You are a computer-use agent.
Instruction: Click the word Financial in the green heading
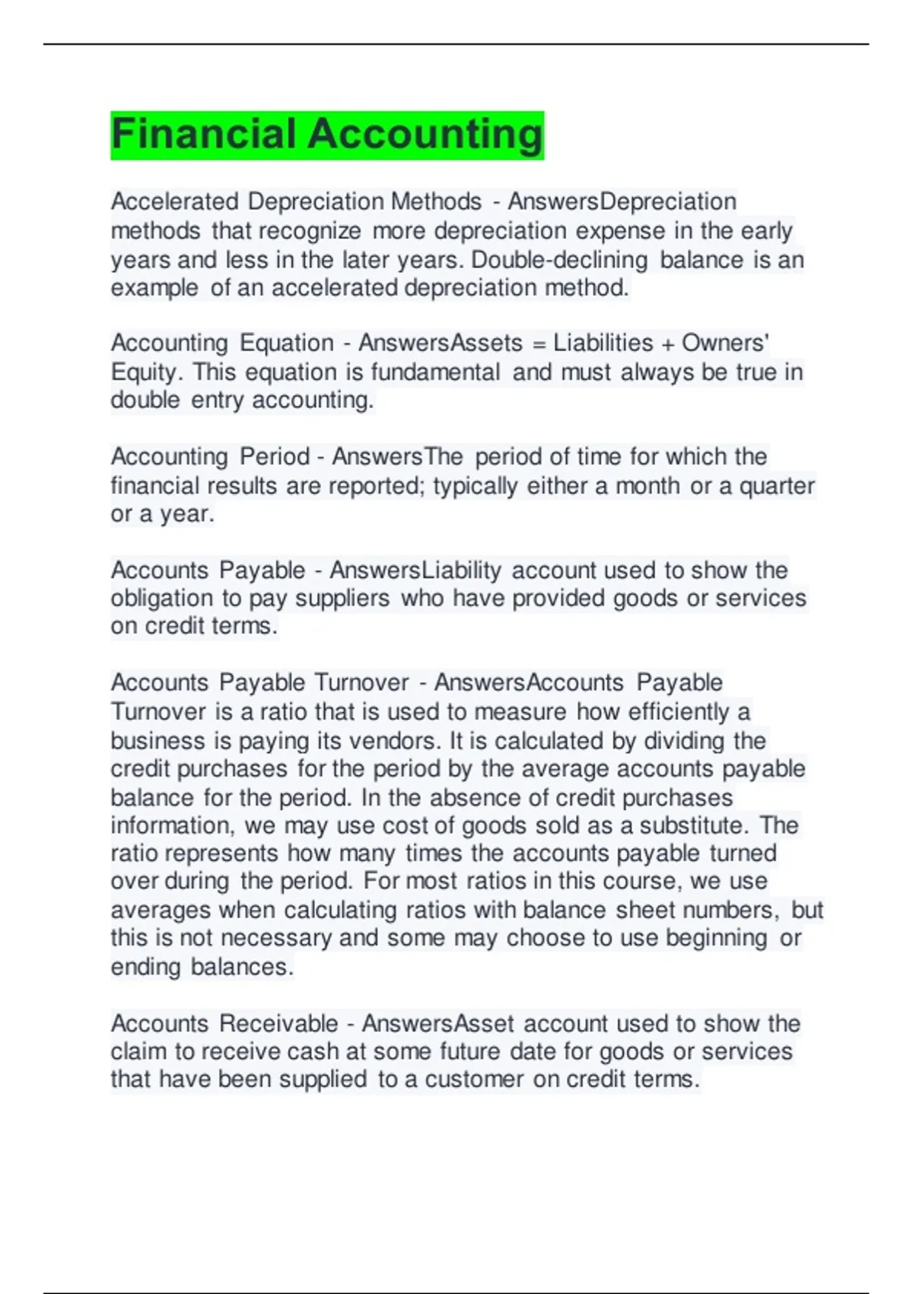[204, 135]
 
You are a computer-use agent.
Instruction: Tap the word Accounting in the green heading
[425, 135]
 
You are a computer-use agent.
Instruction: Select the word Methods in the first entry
[436, 202]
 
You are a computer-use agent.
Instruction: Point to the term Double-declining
[560, 260]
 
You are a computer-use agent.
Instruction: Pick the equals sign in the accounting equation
[539, 344]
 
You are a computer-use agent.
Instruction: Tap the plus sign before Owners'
[667, 344]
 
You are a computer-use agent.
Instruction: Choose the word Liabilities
[603, 343]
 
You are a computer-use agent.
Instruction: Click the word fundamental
[435, 372]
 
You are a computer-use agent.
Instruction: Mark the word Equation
[287, 343]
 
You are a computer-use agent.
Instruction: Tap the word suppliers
[342, 598]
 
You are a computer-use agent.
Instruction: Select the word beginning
[716, 938]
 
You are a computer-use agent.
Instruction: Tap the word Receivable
[278, 1024]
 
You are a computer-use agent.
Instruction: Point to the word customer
[474, 1079]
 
